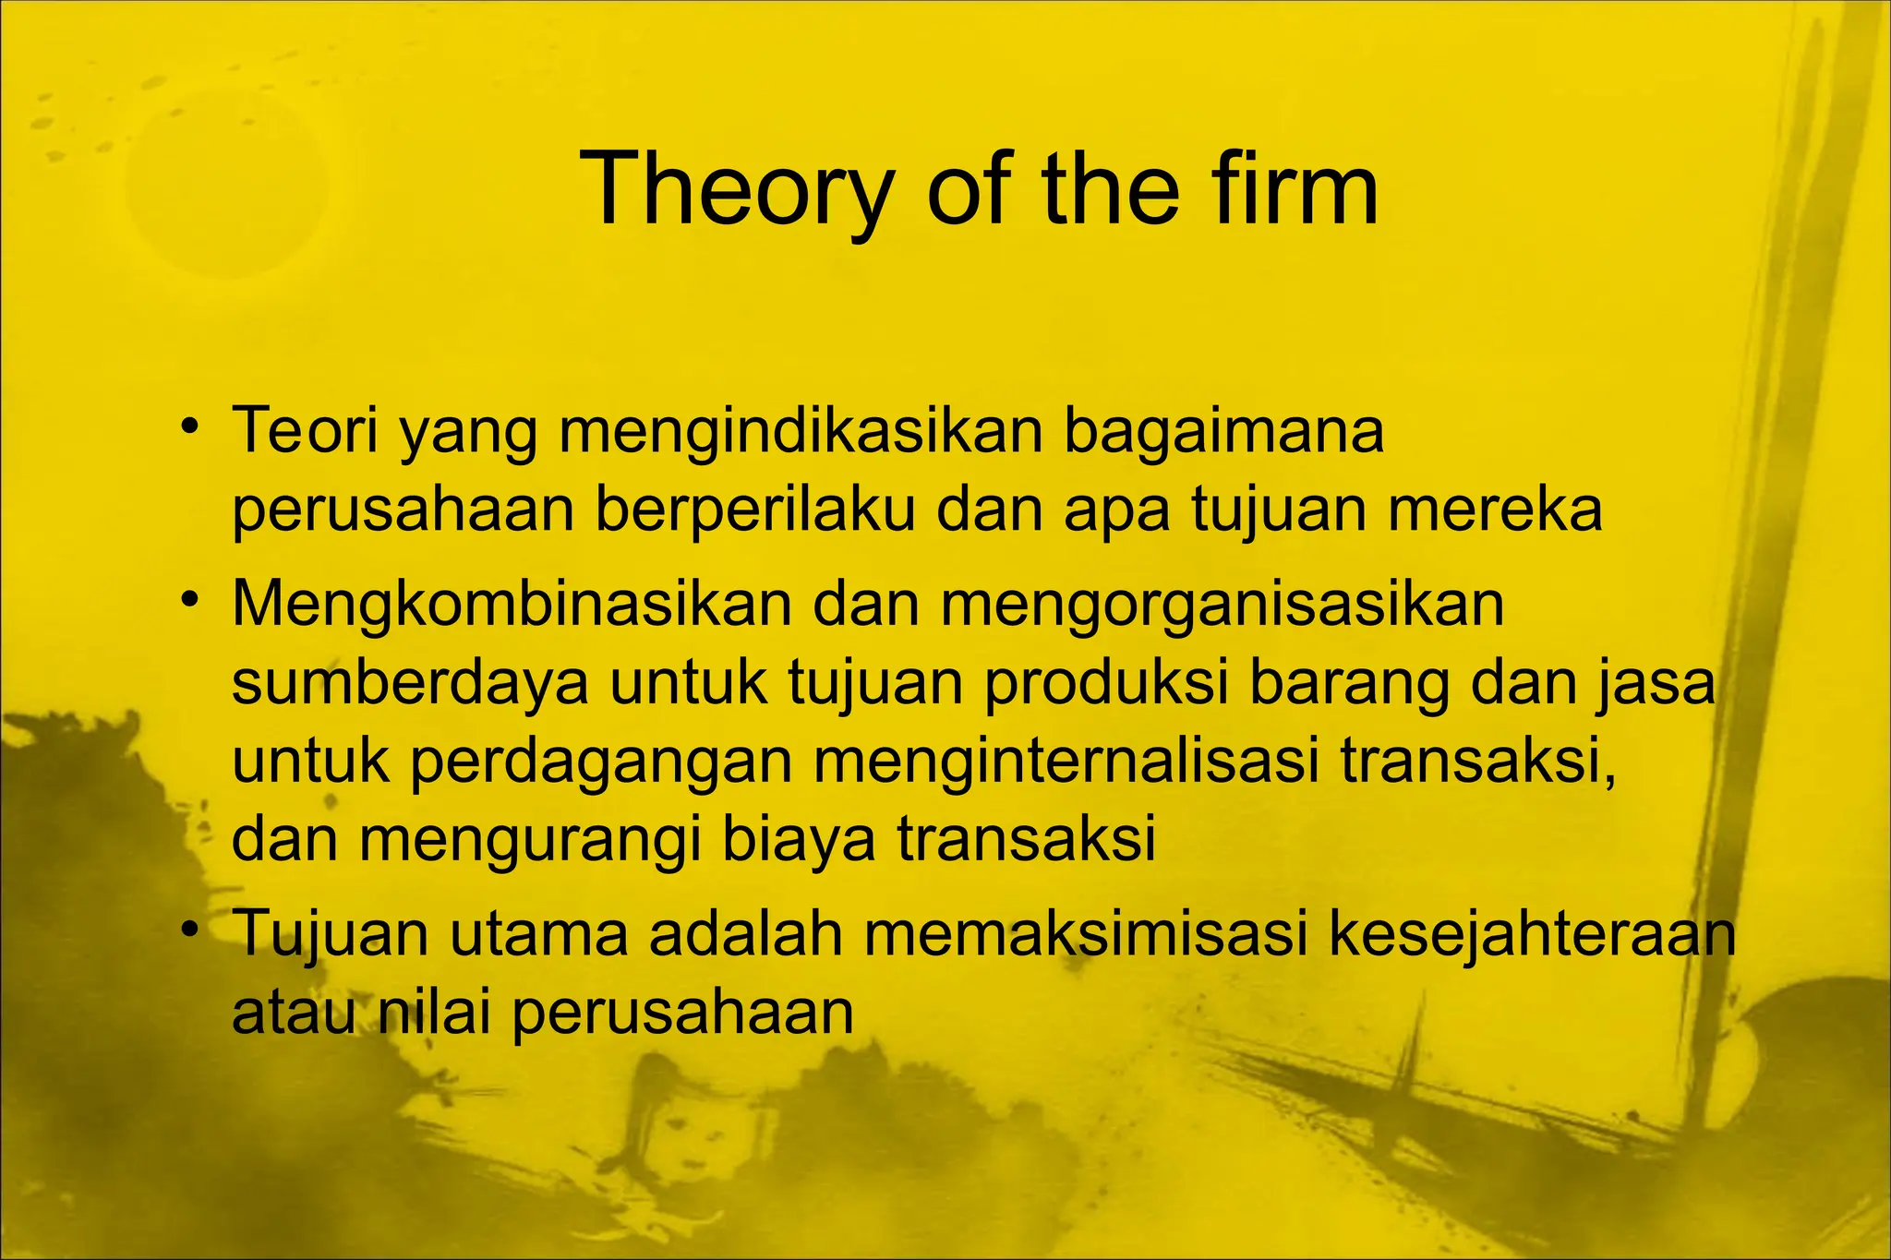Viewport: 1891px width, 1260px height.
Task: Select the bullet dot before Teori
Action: pyautogui.click(x=190, y=426)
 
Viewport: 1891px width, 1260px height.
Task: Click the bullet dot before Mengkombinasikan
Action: pyautogui.click(x=190, y=600)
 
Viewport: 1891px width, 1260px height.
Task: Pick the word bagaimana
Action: pyautogui.click(x=1224, y=430)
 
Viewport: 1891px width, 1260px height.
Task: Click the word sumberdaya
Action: pyautogui.click(x=410, y=684)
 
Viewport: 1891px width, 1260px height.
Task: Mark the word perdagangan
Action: pyautogui.click(x=601, y=764)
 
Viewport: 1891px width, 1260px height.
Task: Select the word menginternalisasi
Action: pyautogui.click(x=1066, y=762)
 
